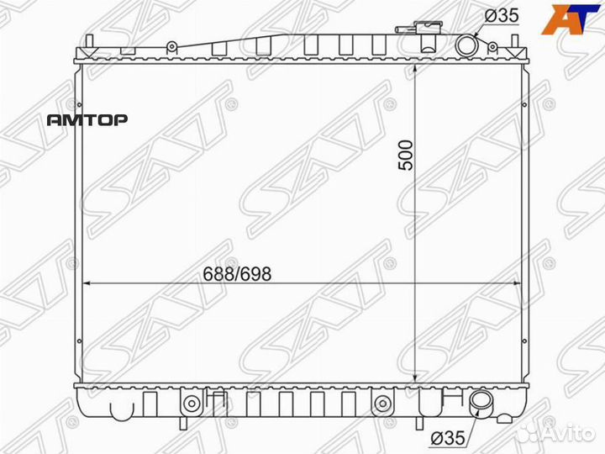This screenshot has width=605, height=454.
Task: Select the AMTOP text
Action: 87,120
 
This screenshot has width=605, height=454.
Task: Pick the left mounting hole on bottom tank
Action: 192,403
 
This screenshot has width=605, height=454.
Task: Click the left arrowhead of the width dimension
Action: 87,284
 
